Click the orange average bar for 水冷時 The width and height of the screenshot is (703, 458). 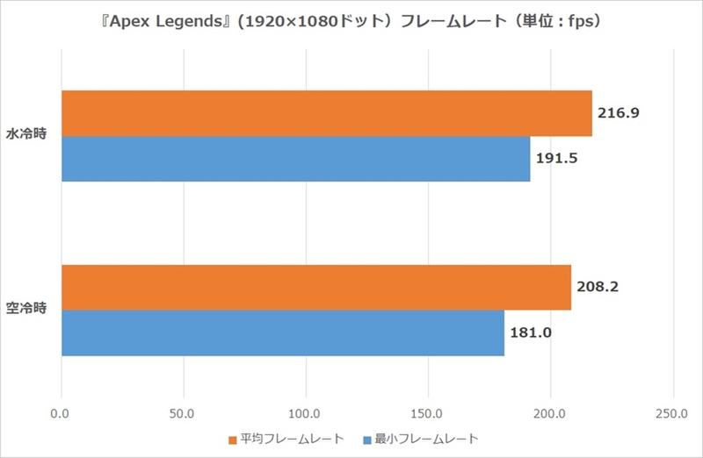click(326, 113)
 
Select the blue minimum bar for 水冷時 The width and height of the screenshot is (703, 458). click(295, 159)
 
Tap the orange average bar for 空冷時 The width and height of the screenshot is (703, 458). click(316, 288)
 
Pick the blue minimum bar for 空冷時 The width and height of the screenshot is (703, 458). click(283, 333)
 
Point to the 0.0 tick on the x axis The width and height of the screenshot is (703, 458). click(62, 412)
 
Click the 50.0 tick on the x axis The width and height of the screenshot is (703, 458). click(183, 412)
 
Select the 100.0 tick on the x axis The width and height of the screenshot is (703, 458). click(305, 412)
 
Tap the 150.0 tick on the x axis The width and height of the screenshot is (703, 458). click(428, 412)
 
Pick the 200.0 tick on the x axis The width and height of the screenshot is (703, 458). click(550, 412)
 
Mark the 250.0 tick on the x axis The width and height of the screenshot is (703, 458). click(672, 412)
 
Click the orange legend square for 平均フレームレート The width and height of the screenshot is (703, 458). click(233, 439)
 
